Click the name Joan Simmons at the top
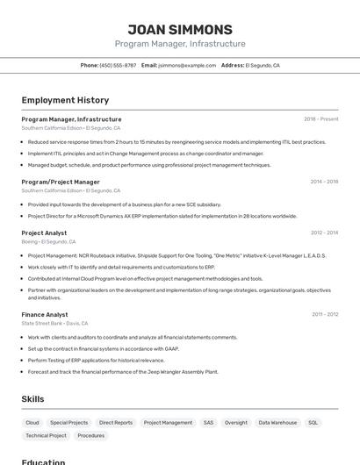(x=180, y=29)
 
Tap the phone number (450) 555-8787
(x=118, y=65)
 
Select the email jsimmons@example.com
(x=187, y=65)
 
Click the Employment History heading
(x=65, y=101)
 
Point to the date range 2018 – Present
(x=320, y=119)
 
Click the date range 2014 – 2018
(x=324, y=182)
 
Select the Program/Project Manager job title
(x=61, y=182)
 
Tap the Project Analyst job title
(x=44, y=232)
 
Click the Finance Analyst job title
(x=45, y=313)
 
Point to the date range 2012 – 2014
(x=324, y=233)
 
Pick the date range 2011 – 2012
(x=324, y=314)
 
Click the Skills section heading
(x=32, y=399)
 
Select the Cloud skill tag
(x=32, y=423)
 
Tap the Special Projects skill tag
(x=69, y=423)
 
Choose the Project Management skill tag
(x=168, y=423)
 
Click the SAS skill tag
(x=208, y=423)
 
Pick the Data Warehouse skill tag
(x=277, y=423)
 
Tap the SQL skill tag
(x=313, y=423)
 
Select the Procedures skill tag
(x=90, y=435)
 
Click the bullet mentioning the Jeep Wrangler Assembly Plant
(x=123, y=371)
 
